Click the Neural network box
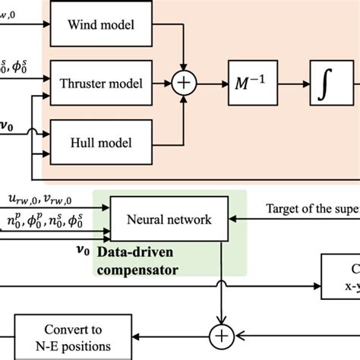click(x=169, y=219)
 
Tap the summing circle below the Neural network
click(x=222, y=335)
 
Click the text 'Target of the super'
click(x=312, y=208)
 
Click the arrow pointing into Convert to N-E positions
click(x=129, y=335)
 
